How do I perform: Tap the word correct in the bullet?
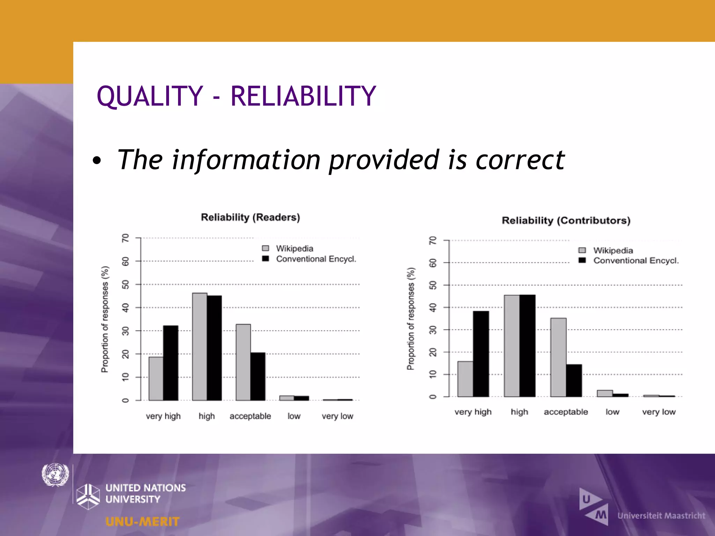[520, 160]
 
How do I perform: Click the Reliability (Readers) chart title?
[250, 217]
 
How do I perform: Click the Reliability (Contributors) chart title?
[566, 221]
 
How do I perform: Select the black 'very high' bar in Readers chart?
[171, 363]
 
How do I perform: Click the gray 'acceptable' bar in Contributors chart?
[558, 357]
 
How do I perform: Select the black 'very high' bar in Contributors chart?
[481, 354]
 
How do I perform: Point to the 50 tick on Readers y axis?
[126, 284]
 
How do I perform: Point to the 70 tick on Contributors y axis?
[433, 240]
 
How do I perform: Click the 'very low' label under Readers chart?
[337, 416]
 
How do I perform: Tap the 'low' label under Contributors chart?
[612, 412]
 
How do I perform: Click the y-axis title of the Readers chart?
[105, 319]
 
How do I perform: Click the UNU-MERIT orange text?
[142, 522]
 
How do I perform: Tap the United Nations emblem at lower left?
[55, 475]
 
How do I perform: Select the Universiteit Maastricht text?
[661, 515]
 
